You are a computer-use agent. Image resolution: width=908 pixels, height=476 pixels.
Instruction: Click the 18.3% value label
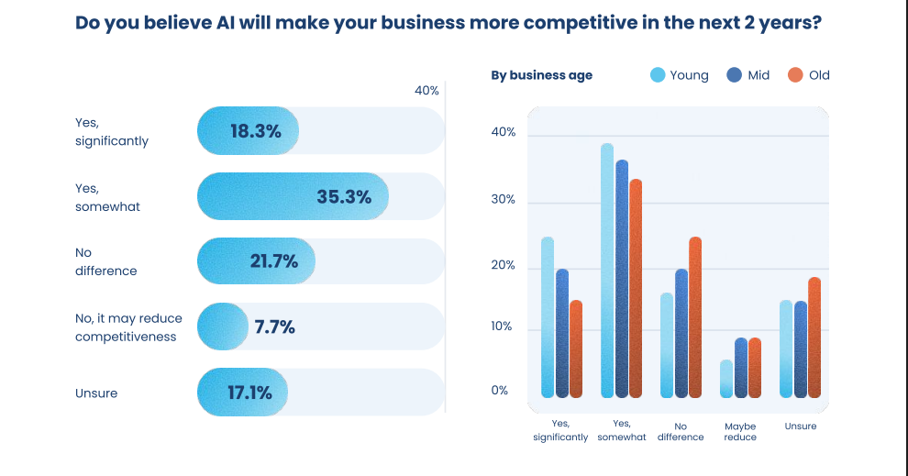pos(255,131)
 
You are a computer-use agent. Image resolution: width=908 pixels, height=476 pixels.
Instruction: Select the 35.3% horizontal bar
pos(293,196)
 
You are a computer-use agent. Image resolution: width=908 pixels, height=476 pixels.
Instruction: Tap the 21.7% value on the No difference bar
pos(273,261)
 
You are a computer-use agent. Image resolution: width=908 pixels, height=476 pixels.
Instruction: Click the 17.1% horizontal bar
pos(242,393)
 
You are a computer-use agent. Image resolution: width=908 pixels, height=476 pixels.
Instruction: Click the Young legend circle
pos(658,75)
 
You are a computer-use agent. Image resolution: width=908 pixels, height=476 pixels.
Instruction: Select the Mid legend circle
pos(735,75)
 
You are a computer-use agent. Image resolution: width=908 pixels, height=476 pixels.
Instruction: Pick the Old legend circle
pos(795,75)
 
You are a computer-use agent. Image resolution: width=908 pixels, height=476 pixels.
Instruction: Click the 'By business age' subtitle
pos(541,75)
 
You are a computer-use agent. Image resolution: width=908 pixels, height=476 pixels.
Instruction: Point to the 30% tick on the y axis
pos(504,200)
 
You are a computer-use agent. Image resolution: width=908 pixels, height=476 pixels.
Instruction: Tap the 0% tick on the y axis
pos(500,390)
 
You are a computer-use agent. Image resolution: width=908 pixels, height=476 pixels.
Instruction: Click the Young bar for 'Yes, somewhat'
pos(607,271)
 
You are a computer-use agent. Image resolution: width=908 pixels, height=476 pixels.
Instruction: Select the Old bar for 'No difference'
pos(695,317)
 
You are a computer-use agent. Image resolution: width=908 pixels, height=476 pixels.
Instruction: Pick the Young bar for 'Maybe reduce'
pos(726,379)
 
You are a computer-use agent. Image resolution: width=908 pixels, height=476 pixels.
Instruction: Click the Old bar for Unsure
pos(814,338)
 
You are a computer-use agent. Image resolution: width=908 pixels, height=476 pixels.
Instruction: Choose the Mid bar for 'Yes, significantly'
pos(561,333)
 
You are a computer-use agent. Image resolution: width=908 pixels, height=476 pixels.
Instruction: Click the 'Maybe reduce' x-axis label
pos(740,432)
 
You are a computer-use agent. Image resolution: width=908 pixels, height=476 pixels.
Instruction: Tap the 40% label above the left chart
pos(426,91)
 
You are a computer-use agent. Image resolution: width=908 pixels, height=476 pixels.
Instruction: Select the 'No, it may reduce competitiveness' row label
pos(128,327)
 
